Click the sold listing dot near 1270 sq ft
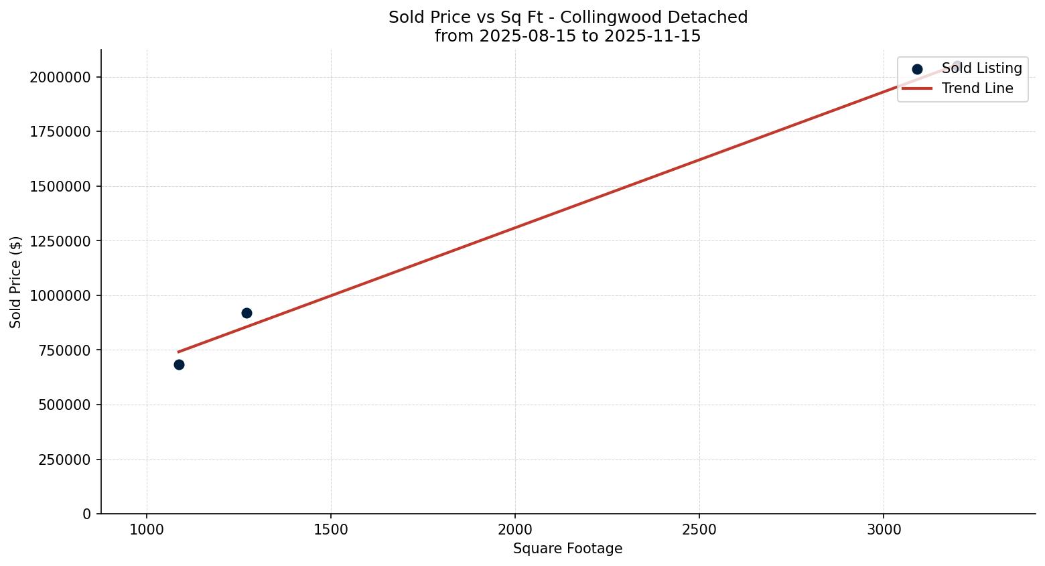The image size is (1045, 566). pos(247,313)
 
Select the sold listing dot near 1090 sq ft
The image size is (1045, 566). pos(179,364)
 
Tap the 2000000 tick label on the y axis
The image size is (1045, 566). pos(60,77)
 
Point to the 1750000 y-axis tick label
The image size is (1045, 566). pos(60,131)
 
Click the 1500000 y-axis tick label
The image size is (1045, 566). pos(60,186)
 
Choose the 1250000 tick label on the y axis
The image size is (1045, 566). pos(60,240)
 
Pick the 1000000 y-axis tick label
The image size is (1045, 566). pos(60,295)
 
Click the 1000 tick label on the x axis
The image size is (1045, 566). pos(147,530)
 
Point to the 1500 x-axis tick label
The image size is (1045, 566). pos(331,530)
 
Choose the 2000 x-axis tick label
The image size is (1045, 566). pos(515,530)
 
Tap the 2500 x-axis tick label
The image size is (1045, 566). pos(699,530)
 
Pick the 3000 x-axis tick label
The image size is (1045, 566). pos(884,530)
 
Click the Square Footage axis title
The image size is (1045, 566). pos(567,549)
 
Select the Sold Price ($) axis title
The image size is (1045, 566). pos(16,282)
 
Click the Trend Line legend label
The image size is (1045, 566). pos(977,88)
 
